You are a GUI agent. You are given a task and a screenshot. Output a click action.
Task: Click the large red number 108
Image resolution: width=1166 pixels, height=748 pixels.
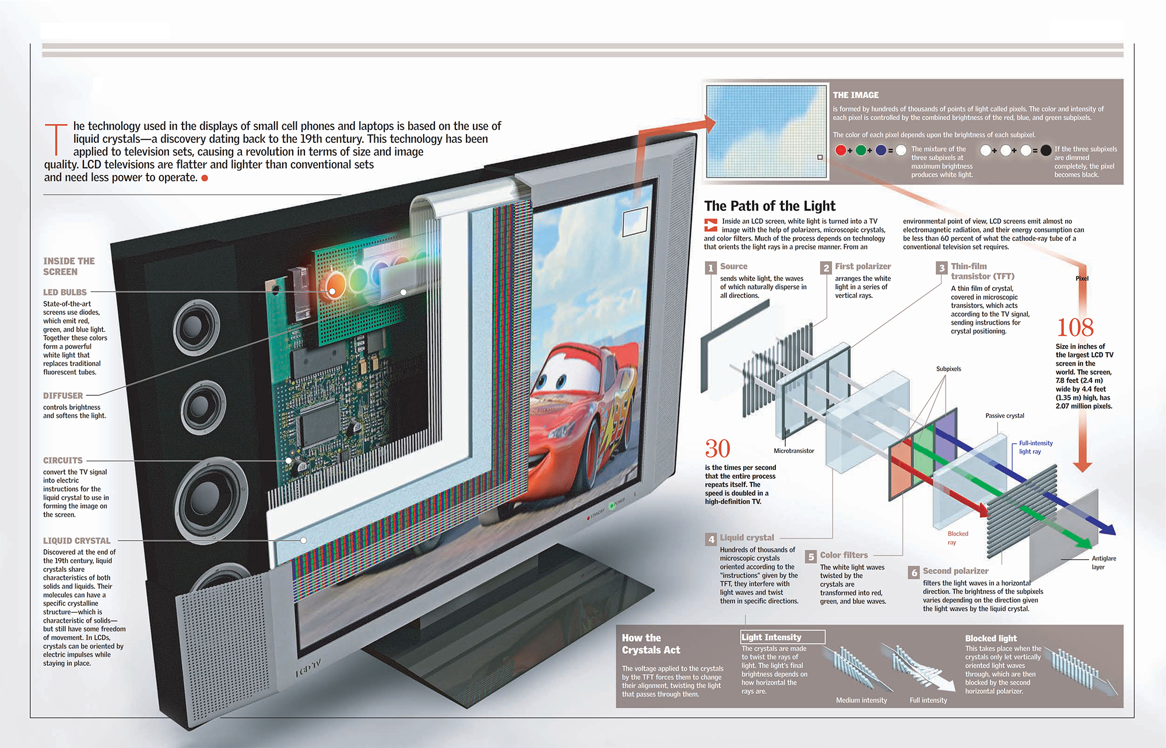click(x=1075, y=328)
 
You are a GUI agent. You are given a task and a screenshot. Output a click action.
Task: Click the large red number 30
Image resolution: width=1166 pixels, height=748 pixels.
click(x=717, y=449)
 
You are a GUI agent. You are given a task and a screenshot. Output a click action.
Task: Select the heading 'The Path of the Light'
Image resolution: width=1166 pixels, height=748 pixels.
click(x=770, y=206)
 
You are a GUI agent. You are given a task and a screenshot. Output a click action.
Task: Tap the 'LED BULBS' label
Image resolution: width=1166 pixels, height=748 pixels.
click(x=65, y=292)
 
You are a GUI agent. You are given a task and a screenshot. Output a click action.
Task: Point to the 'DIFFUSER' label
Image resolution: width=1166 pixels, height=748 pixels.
click(x=63, y=395)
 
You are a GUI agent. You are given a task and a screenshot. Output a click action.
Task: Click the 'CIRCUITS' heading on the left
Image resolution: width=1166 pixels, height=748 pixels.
click(x=63, y=461)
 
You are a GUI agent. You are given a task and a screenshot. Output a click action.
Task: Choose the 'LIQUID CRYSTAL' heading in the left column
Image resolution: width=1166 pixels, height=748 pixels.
click(x=76, y=541)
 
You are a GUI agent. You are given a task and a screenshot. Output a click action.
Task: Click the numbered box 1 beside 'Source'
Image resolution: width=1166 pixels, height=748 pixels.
click(x=710, y=268)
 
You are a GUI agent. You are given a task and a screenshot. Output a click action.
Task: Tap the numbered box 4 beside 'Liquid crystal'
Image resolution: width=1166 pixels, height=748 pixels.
click(x=711, y=539)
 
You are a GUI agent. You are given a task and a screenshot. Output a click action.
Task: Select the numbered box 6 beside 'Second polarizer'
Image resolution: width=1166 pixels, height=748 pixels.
click(x=914, y=573)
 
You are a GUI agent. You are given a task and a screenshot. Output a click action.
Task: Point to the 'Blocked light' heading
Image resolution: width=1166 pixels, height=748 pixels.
click(x=991, y=638)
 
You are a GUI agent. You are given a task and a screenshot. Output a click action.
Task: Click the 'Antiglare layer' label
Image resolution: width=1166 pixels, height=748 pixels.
click(x=1104, y=563)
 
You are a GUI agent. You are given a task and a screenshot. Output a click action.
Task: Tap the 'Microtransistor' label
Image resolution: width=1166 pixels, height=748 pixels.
click(x=793, y=451)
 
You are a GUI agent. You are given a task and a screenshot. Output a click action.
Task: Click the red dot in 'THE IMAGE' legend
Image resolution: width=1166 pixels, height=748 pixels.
click(x=841, y=150)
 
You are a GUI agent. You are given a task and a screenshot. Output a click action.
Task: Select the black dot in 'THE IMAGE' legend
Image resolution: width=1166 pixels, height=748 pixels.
click(x=1046, y=150)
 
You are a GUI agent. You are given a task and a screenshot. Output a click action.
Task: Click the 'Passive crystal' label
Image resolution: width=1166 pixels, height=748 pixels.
click(x=1005, y=416)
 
